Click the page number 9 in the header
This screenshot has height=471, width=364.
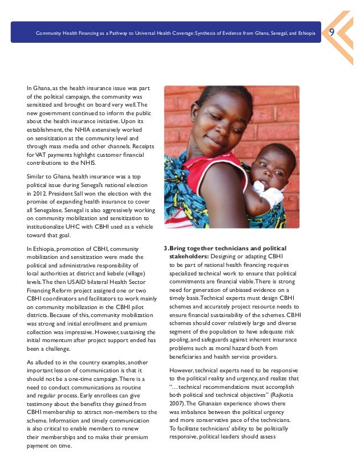coord(331,33)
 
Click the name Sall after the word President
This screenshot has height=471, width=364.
coord(77,193)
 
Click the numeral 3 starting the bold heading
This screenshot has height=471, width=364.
coord(165,248)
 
